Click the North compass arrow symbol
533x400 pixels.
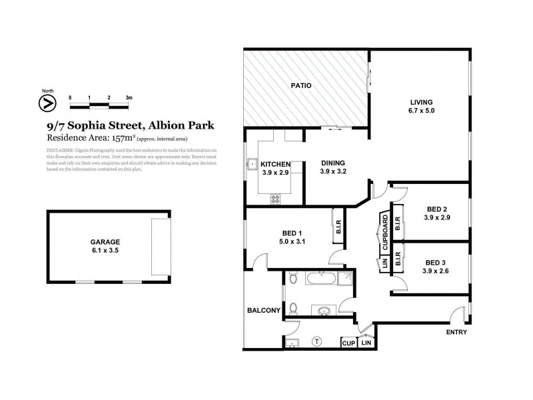coord(47,103)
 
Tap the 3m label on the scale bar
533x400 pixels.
coord(129,97)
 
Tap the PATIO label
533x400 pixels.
coord(302,85)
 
